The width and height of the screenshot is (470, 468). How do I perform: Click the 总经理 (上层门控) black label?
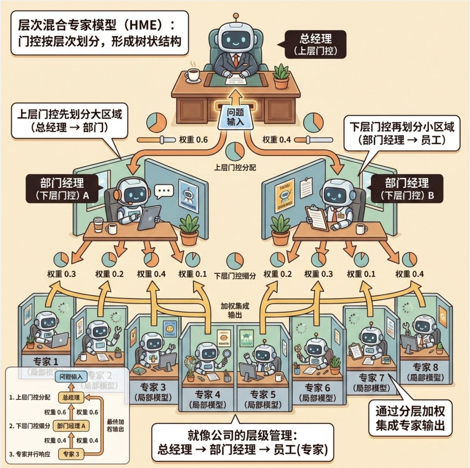tap(315, 44)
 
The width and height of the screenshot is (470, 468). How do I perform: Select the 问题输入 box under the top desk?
tap(235, 117)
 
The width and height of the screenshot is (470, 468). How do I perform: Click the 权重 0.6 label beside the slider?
tap(193, 140)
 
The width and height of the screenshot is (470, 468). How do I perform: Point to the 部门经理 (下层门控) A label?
tap(62, 189)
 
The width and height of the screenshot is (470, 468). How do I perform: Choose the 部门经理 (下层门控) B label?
tap(407, 189)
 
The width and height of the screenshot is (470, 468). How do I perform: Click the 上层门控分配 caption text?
tap(235, 167)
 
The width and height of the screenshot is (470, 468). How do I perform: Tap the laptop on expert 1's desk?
tap(61, 340)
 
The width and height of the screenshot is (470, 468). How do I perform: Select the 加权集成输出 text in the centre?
tap(235, 310)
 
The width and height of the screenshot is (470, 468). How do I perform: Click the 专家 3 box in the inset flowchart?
tap(71, 454)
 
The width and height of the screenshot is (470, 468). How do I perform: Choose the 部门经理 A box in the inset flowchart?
tap(71, 426)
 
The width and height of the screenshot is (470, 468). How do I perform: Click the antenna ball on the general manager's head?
tap(236, 15)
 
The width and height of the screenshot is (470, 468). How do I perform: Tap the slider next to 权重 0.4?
tap(313, 140)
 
